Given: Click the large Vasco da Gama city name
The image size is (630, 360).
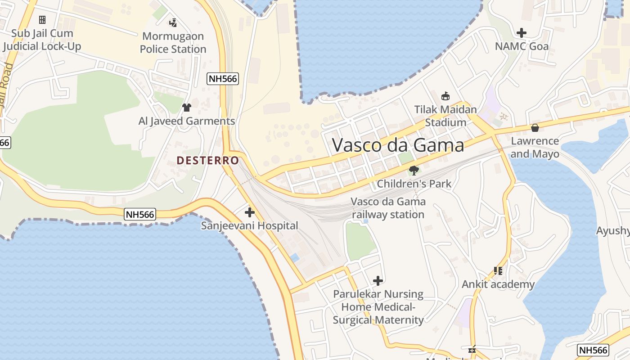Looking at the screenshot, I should (398, 145).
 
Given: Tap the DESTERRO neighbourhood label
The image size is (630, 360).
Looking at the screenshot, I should (207, 160).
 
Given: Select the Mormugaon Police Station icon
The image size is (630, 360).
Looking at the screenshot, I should (173, 22).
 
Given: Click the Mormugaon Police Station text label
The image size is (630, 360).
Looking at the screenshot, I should (173, 42).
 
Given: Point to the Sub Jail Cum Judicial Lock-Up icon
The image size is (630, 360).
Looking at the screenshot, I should (42, 20).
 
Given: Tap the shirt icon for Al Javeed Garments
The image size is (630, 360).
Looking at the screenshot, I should (187, 108).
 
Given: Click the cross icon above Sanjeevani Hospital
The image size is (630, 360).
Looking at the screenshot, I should (249, 212).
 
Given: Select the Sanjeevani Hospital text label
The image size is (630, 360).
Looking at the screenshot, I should (249, 225).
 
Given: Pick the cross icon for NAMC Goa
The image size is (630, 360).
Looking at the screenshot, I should (522, 33).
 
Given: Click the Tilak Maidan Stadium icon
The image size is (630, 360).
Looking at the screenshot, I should (445, 96).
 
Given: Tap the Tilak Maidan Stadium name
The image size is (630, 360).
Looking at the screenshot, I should (445, 116).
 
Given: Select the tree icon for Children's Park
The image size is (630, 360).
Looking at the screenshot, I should (414, 170).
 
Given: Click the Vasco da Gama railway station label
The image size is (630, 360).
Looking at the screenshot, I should (388, 208).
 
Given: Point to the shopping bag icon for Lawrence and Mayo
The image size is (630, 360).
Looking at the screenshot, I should (535, 128).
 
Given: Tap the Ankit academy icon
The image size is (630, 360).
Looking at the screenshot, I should (498, 271).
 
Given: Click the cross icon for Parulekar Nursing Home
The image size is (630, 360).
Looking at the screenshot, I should (378, 281).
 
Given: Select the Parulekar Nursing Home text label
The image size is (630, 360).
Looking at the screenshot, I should (378, 307).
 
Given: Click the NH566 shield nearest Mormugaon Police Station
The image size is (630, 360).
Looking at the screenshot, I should (222, 79).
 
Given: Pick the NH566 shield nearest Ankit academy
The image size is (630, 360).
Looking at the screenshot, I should (593, 350).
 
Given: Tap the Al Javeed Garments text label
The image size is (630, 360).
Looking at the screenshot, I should (187, 121).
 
